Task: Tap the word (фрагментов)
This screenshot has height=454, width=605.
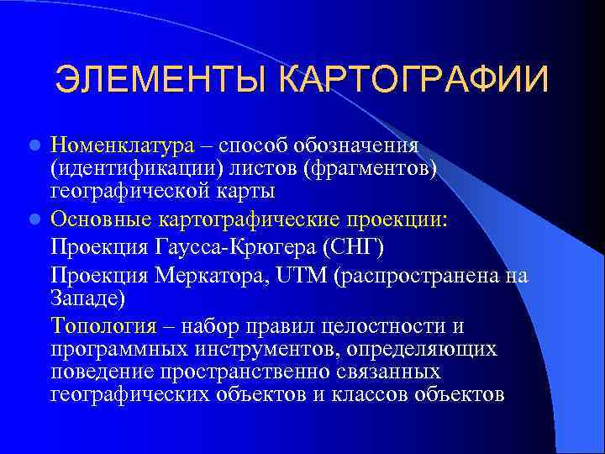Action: [383, 169]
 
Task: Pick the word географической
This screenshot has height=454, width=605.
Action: [123, 191]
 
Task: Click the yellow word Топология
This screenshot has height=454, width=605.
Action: [103, 326]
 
